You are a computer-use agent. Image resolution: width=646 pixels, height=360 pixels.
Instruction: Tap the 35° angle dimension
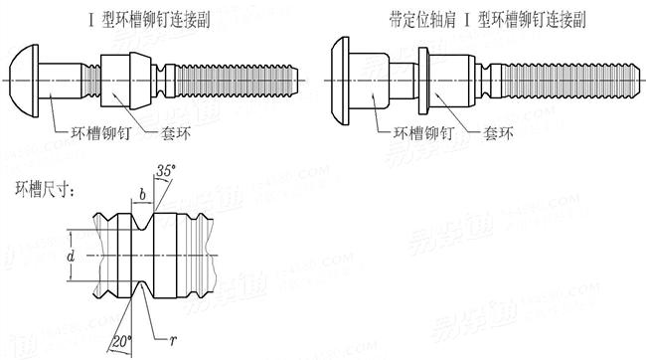point(168,170)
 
